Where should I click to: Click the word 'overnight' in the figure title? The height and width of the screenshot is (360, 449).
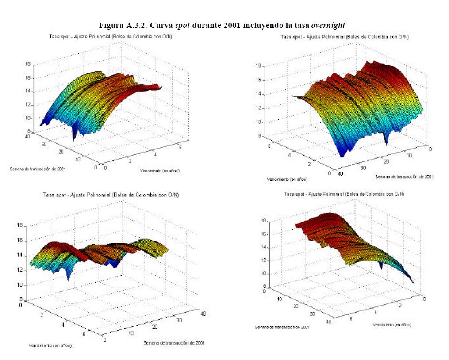[x=328, y=25]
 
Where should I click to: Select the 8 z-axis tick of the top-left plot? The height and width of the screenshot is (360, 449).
[x=29, y=132]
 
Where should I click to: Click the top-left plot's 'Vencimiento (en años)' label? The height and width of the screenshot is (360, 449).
[x=159, y=170]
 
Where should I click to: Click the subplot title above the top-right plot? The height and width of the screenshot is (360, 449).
[x=344, y=36]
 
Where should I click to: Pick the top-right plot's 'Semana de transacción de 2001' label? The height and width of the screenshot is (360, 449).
[x=404, y=177]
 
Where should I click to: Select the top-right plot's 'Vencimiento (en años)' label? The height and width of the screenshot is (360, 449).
[x=287, y=179]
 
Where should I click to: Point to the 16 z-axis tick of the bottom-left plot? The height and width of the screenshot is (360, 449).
[x=19, y=241]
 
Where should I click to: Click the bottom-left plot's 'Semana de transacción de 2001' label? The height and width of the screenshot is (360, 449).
[x=174, y=343]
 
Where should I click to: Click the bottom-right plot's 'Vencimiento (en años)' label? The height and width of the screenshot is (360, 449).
[x=391, y=325]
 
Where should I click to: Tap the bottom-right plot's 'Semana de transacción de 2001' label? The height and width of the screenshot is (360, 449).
[x=282, y=327]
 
